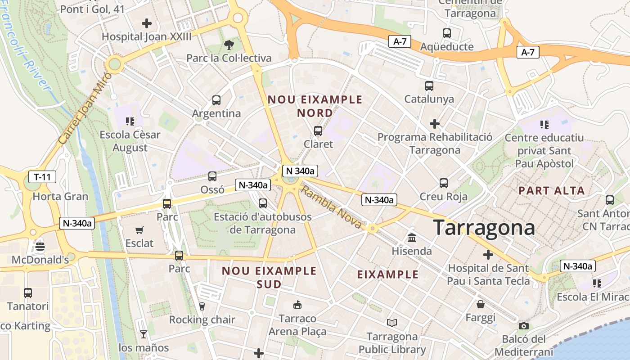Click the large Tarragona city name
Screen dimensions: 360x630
tap(484, 228)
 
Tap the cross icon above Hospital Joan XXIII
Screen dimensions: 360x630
tap(147, 23)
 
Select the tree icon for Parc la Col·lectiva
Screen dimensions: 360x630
tap(229, 45)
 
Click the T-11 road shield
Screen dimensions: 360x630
tap(42, 177)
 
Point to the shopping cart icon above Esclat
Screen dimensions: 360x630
tap(139, 230)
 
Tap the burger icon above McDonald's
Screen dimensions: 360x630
tap(40, 246)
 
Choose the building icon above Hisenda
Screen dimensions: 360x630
tap(412, 237)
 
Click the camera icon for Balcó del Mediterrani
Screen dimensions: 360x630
tap(523, 326)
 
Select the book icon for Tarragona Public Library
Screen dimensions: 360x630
tap(392, 323)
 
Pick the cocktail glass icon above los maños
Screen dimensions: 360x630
tap(144, 334)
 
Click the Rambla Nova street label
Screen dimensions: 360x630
tap(331, 207)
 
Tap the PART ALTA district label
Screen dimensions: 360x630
tap(552, 191)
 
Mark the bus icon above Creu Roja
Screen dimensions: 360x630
tap(444, 183)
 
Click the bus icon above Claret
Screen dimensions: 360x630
tap(318, 131)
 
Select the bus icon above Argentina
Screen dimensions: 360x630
tap(216, 100)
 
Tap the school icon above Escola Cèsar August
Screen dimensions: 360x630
tap(130, 121)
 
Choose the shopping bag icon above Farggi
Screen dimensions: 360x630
tap(481, 304)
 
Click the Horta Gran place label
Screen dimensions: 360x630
tap(60, 197)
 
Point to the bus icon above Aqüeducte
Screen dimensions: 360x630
tap(446, 33)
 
